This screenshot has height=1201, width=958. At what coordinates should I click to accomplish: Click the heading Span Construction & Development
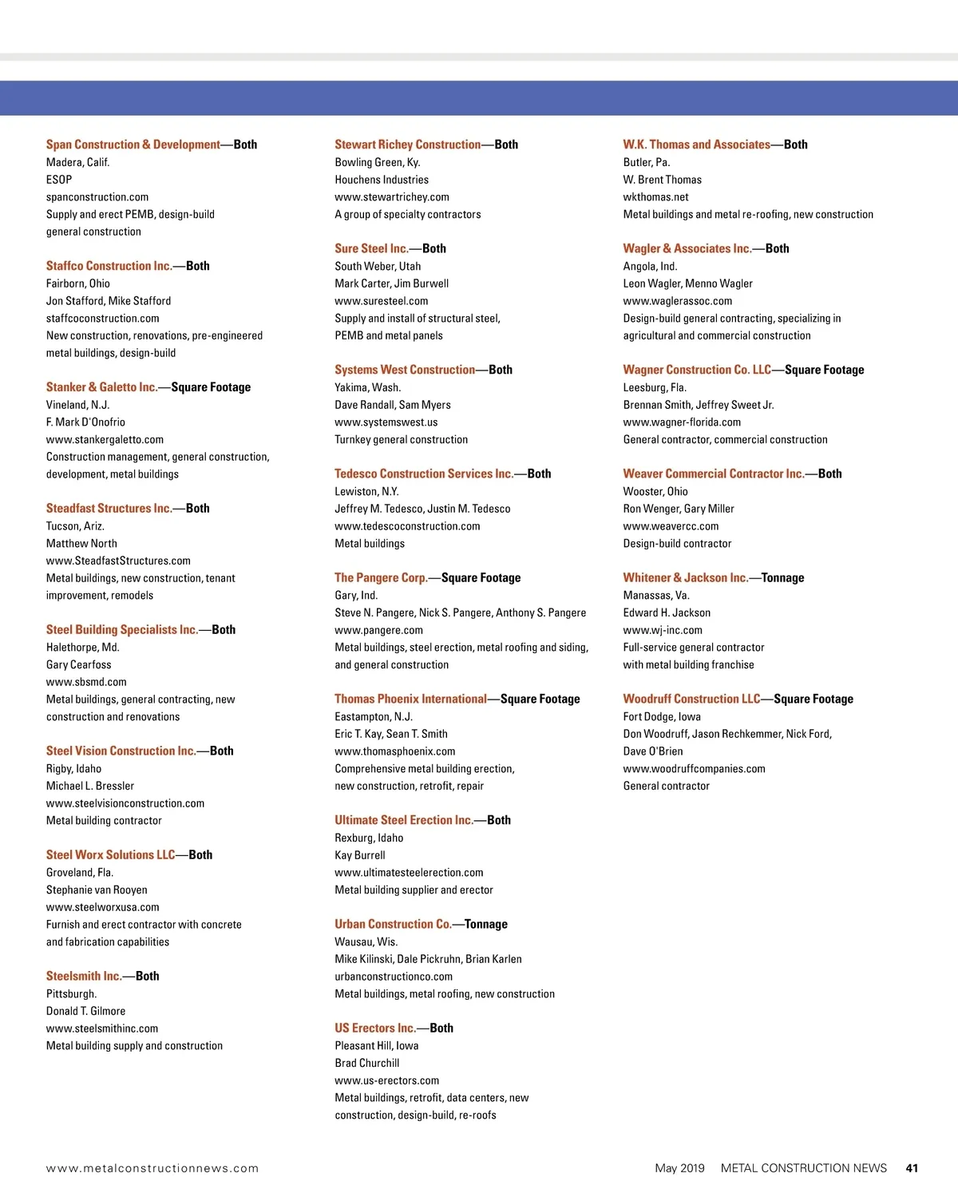133,145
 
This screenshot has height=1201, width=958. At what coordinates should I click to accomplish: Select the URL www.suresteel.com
381,301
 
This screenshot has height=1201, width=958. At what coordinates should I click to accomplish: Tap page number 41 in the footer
912,1168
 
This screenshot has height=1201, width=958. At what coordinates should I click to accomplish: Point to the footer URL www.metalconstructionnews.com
152,1168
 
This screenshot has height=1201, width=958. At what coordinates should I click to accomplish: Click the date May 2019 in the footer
679,1168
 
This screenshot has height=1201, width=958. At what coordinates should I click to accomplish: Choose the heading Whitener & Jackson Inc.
685,577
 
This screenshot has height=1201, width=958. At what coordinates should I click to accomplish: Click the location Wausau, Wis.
366,941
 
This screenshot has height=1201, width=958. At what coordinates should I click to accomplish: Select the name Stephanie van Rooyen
97,890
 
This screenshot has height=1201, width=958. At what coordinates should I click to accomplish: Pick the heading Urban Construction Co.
393,924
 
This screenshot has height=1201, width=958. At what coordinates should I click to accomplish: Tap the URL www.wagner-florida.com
682,422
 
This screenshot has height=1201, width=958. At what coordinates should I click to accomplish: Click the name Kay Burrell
359,855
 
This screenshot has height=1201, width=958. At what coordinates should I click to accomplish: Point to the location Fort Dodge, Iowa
662,716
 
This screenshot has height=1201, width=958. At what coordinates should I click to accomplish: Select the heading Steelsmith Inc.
84,976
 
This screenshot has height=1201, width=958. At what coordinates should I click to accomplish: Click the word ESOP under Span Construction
59,180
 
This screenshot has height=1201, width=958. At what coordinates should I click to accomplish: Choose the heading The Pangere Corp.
381,577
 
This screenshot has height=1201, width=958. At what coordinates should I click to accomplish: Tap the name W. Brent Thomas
662,180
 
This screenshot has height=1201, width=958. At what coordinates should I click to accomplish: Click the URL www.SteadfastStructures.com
118,561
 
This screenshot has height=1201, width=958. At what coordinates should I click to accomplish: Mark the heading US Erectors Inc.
375,1028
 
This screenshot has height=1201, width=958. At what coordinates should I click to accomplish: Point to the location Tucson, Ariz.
75,525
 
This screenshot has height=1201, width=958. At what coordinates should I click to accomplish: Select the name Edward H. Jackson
667,612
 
